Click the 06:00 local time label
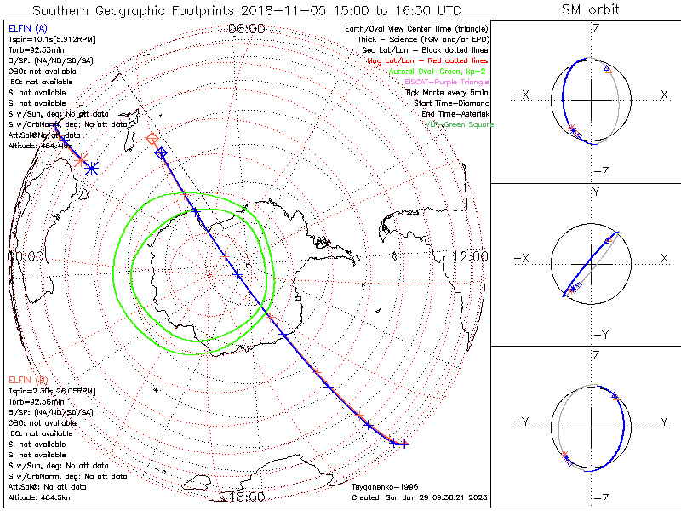pyautogui.click(x=247, y=29)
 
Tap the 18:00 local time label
pyautogui.click(x=247, y=497)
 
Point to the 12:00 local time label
pyautogui.click(x=470, y=256)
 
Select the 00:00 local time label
pyautogui.click(x=26, y=256)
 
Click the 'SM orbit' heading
pyautogui.click(x=591, y=9)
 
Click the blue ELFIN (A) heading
pyautogui.click(x=27, y=28)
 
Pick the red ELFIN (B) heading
pyautogui.click(x=27, y=378)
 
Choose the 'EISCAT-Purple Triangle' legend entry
pyautogui.click(x=449, y=82)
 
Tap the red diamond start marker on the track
pyautogui.click(x=152, y=138)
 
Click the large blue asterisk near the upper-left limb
pyautogui.click(x=92, y=169)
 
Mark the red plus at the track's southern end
pyautogui.click(x=404, y=443)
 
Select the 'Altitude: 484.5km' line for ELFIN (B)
pyautogui.click(x=40, y=497)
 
